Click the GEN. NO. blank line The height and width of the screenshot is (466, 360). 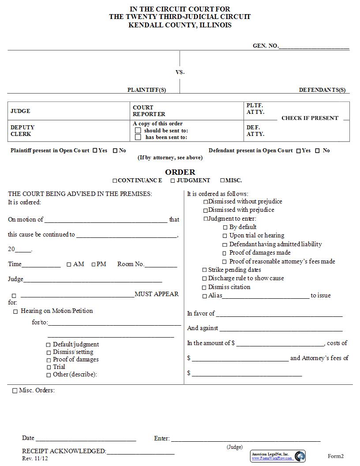tap(314, 48)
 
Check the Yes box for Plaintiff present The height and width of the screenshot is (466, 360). tap(95, 150)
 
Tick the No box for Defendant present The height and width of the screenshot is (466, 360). tap(318, 150)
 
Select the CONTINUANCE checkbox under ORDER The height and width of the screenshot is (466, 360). tap(115, 180)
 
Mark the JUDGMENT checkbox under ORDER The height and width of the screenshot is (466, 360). tap(173, 180)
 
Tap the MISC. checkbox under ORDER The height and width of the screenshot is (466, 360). tap(222, 180)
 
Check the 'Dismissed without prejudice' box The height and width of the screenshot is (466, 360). tap(206, 202)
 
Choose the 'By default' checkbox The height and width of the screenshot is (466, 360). tap(225, 227)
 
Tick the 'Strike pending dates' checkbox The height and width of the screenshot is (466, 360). tap(204, 270)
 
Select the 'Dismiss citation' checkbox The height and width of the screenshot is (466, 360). tap(204, 287)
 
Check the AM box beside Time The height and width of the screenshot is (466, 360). tap(69, 264)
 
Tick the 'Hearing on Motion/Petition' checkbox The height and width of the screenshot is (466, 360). tap(15, 312)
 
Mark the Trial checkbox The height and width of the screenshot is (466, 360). tap(49, 367)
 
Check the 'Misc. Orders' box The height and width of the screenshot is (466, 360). tap(15, 391)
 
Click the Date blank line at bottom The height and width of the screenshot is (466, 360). tap(86, 440)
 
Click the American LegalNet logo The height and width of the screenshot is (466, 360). tap(300, 456)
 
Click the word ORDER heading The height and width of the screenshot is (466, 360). tap(180, 172)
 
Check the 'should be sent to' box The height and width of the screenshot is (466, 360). tap(138, 131)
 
